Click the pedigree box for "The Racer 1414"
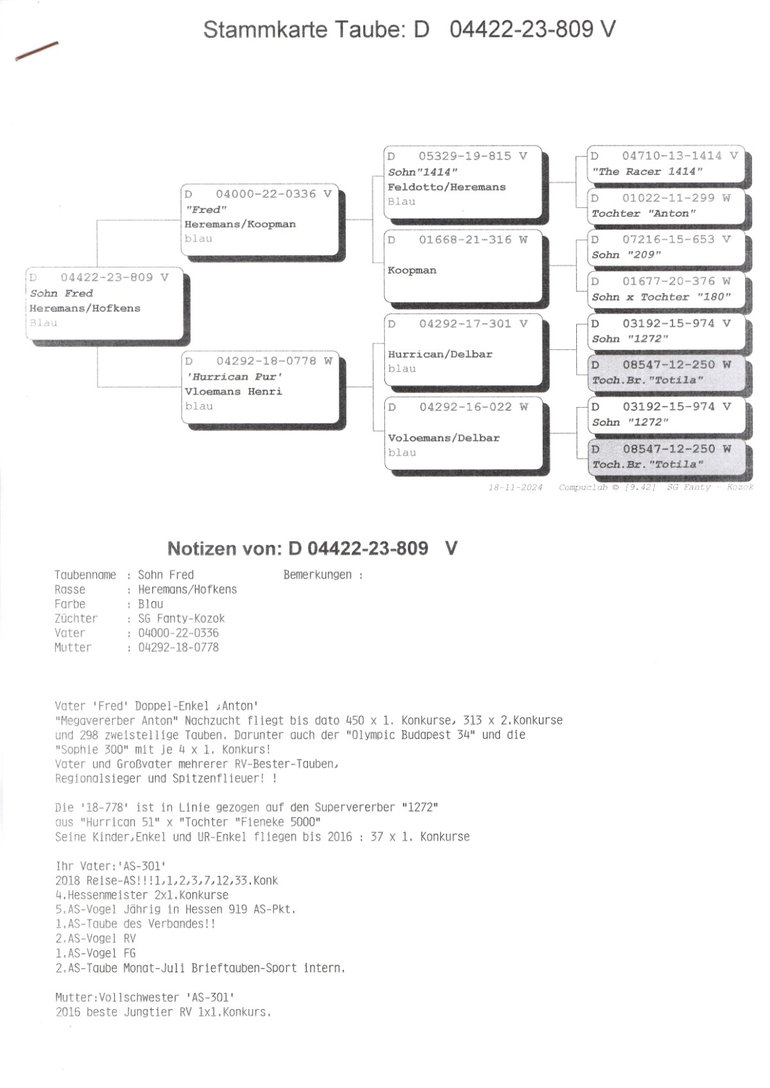665,164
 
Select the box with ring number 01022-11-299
665,206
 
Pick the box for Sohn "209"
665,247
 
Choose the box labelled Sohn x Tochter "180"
665,289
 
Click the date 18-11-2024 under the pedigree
515,487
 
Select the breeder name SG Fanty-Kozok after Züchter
182,619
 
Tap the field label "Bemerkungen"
318,575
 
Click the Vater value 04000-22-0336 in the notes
178,633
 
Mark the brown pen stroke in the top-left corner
37,51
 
